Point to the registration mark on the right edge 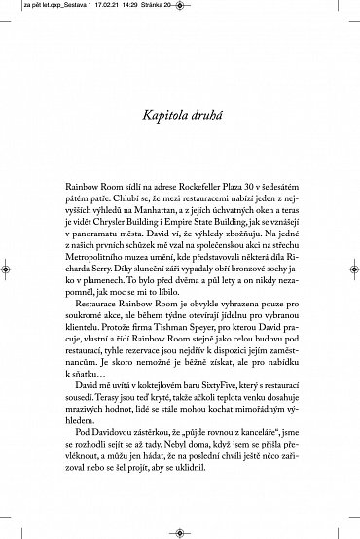point(352,270)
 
